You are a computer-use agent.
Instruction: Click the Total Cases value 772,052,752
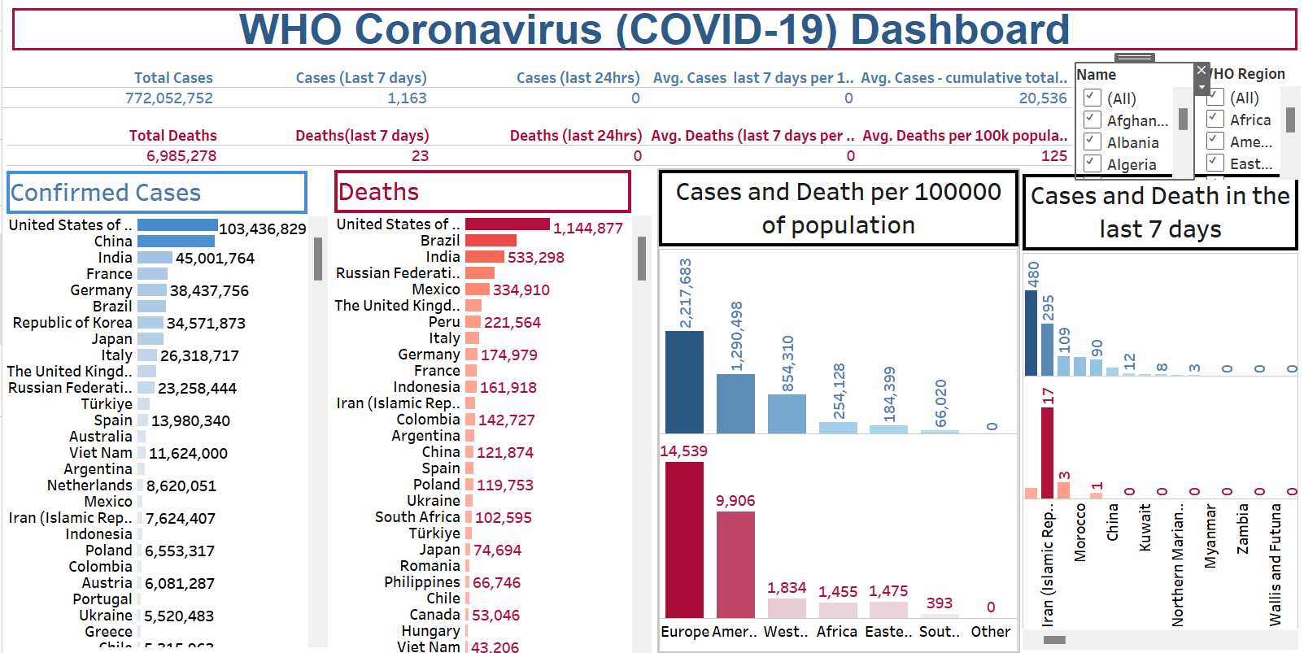pyautogui.click(x=169, y=98)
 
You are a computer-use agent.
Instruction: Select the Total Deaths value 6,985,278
pyautogui.click(x=181, y=156)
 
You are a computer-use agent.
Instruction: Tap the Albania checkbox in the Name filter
pyautogui.click(x=1092, y=141)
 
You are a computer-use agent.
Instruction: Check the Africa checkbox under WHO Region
pyautogui.click(x=1215, y=119)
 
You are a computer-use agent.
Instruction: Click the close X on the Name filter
pyautogui.click(x=1202, y=71)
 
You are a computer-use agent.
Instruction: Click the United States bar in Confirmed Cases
pyautogui.click(x=177, y=225)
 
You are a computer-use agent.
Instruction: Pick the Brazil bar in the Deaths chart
pyautogui.click(x=491, y=241)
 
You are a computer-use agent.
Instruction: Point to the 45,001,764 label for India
pyautogui.click(x=215, y=259)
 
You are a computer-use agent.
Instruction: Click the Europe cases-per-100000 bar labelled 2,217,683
pyautogui.click(x=684, y=381)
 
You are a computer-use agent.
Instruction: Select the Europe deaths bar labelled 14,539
pyautogui.click(x=684, y=540)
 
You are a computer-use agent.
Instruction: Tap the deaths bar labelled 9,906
pyautogui.click(x=735, y=564)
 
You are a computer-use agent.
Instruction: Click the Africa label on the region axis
pyautogui.click(x=837, y=632)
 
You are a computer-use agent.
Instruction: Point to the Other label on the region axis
pyautogui.click(x=991, y=632)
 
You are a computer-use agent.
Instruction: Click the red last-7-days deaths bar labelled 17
pyautogui.click(x=1047, y=452)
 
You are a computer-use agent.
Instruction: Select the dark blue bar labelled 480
pyautogui.click(x=1031, y=333)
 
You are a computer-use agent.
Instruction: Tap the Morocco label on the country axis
pyautogui.click(x=1080, y=533)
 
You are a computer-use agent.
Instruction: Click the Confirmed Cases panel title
pyautogui.click(x=106, y=193)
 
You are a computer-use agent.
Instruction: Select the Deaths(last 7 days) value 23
pyautogui.click(x=420, y=156)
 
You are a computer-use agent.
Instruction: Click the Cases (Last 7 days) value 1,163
pyautogui.click(x=407, y=98)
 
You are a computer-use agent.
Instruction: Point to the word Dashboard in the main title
pyautogui.click(x=960, y=30)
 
